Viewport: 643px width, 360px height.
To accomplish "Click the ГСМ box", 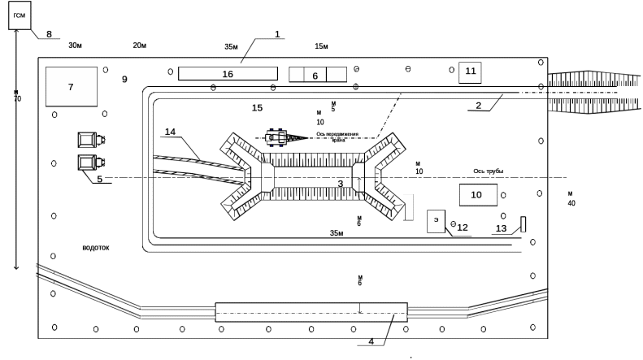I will tap(20, 15).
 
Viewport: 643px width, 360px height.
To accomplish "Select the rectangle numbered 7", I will tap(72, 86).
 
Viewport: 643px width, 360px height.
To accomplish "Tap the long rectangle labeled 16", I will tap(228, 74).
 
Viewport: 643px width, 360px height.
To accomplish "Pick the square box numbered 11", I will tap(470, 72).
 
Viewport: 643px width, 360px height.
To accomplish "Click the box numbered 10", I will tap(478, 195).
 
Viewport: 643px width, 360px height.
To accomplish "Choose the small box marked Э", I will tap(437, 220).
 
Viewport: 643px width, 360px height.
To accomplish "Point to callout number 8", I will tap(49, 34).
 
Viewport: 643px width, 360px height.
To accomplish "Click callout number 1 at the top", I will tap(277, 34).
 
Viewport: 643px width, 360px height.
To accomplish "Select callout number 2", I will tap(479, 106).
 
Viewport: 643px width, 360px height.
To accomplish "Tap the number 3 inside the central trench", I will tap(341, 184).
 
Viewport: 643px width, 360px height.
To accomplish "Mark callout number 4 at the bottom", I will tap(371, 340).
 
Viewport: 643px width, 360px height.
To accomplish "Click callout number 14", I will tap(170, 132).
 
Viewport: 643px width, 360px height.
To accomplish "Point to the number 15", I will tap(258, 107).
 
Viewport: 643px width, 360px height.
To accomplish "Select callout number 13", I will tap(501, 229).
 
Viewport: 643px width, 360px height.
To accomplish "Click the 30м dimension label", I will tap(76, 46).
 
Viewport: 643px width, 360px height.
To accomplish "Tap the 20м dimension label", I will tap(139, 46).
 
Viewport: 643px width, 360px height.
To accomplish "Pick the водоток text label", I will tap(96, 247).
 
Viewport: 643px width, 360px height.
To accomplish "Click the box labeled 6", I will tap(315, 75).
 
